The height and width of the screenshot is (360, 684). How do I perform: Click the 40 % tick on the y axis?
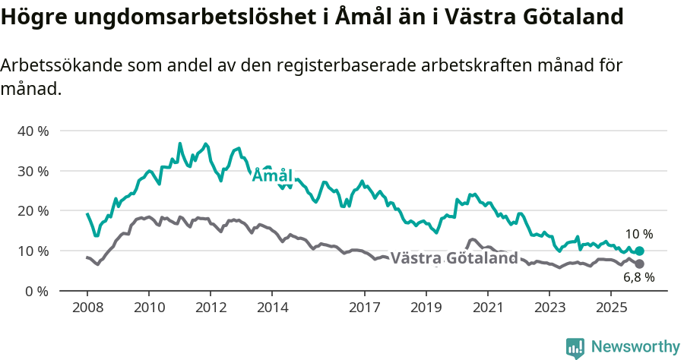click(x=33, y=131)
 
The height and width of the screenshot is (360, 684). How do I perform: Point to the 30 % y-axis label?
click(x=33, y=171)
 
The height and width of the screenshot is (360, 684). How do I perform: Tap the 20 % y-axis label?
click(x=33, y=210)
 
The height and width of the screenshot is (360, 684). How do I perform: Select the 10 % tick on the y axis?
click(x=33, y=251)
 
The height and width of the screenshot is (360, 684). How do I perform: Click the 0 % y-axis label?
click(x=36, y=291)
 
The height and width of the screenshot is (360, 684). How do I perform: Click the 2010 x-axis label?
click(x=148, y=308)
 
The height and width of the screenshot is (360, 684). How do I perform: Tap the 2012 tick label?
click(x=211, y=308)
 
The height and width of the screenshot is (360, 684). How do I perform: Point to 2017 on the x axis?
click(x=364, y=308)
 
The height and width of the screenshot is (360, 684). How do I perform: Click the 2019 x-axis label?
click(x=426, y=308)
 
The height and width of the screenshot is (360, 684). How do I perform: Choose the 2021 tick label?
click(x=487, y=308)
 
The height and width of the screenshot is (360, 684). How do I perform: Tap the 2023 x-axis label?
click(x=549, y=308)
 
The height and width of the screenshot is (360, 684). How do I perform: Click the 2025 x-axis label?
click(x=612, y=308)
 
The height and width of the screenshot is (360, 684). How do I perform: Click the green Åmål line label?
click(x=272, y=175)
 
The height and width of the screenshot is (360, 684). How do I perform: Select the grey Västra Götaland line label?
click(x=454, y=258)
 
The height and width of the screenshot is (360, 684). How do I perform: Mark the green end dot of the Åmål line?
click(x=639, y=251)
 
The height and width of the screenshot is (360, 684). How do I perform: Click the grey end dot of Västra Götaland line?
click(x=639, y=264)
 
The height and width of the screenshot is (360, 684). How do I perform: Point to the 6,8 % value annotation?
click(x=638, y=278)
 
